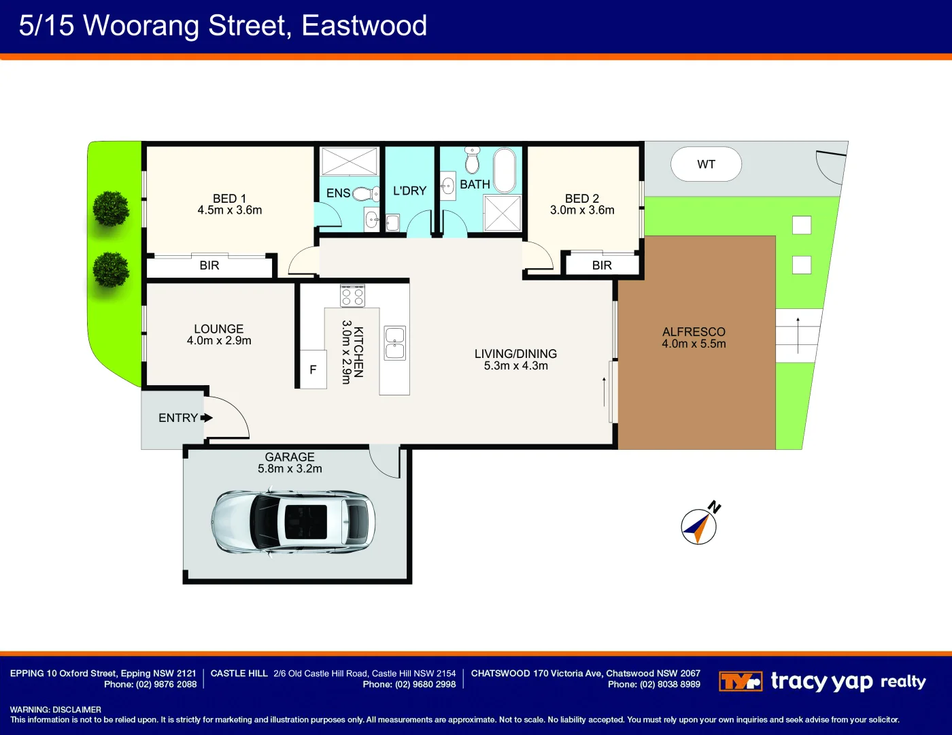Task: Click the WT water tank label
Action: click(706, 165)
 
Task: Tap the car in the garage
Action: click(292, 523)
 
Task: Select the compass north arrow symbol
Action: click(700, 524)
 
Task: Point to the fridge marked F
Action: click(313, 369)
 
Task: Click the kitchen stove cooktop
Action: click(352, 295)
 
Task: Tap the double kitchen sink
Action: click(394, 343)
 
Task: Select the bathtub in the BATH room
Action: click(505, 171)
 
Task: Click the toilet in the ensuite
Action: click(366, 194)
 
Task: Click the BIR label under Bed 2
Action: click(602, 265)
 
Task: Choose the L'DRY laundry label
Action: click(409, 191)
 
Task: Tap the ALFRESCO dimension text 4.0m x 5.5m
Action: click(694, 344)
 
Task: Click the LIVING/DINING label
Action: click(515, 354)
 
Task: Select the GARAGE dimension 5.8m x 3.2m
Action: click(290, 468)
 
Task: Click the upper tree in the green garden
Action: click(111, 209)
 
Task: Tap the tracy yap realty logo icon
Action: click(741, 681)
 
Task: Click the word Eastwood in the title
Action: click(364, 25)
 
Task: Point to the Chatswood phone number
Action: click(654, 684)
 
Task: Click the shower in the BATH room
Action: click(503, 213)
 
